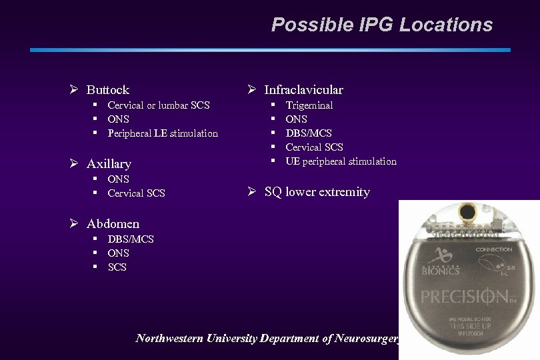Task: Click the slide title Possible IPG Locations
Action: (x=381, y=25)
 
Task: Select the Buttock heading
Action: (x=107, y=89)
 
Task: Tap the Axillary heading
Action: (x=109, y=163)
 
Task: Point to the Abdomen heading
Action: (x=113, y=223)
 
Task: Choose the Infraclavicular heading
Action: (x=303, y=89)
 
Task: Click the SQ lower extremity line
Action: (x=317, y=192)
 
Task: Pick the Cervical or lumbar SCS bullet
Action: (x=158, y=105)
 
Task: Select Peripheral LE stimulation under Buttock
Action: (x=163, y=133)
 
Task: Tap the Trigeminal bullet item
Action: (x=309, y=105)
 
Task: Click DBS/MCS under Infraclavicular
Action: (x=308, y=133)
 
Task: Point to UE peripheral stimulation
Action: (x=341, y=161)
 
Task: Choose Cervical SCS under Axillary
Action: (x=136, y=193)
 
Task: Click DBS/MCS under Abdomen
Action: (x=130, y=239)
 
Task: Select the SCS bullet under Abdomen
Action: (x=117, y=267)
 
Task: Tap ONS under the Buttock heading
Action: (x=118, y=119)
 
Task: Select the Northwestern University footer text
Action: (x=267, y=339)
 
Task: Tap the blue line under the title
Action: (x=270, y=49)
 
